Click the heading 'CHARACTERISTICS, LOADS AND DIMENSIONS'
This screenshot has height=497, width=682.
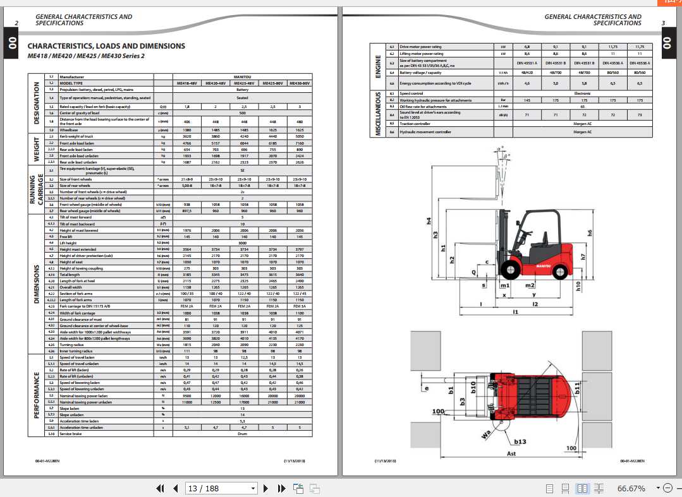coord(106,46)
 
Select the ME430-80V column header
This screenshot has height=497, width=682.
coord(299,83)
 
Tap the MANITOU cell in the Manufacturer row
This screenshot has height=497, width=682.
coord(243,77)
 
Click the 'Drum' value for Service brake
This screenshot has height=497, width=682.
coord(243,434)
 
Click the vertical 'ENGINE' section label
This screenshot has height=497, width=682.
coord(378,65)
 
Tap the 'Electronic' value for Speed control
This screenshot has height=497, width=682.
coord(582,93)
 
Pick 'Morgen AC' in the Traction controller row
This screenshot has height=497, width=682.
coord(582,124)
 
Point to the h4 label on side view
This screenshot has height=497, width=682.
coord(429,221)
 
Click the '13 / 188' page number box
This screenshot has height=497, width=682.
coord(221,488)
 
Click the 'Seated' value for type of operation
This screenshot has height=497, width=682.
coord(243,98)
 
